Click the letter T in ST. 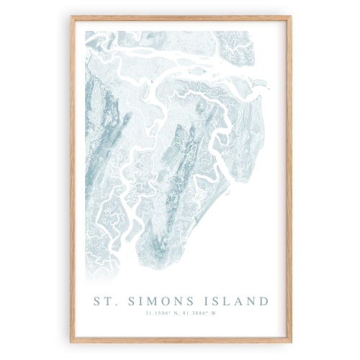[106, 301]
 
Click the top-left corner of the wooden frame [71, 18]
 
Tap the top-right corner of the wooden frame [291, 18]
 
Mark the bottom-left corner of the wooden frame [71, 341]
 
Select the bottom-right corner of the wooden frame [291, 341]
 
